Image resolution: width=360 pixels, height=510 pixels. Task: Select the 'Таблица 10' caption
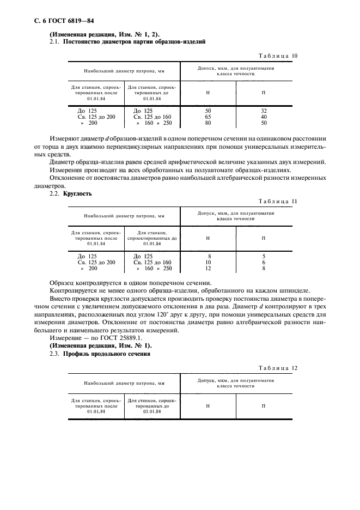pyautogui.click(x=278, y=56)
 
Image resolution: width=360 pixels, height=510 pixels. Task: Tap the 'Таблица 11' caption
pyautogui.click(x=278, y=202)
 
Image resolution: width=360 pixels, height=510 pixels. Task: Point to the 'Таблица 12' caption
pyautogui.click(x=278, y=368)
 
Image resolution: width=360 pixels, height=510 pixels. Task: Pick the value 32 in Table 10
pyautogui.click(x=264, y=110)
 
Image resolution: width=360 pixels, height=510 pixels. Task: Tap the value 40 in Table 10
pyautogui.click(x=264, y=117)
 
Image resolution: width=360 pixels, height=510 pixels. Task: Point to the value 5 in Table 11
pyautogui.click(x=264, y=256)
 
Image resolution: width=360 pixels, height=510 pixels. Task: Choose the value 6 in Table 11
pyautogui.click(x=264, y=262)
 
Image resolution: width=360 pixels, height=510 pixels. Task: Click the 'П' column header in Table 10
pyautogui.click(x=264, y=93)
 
